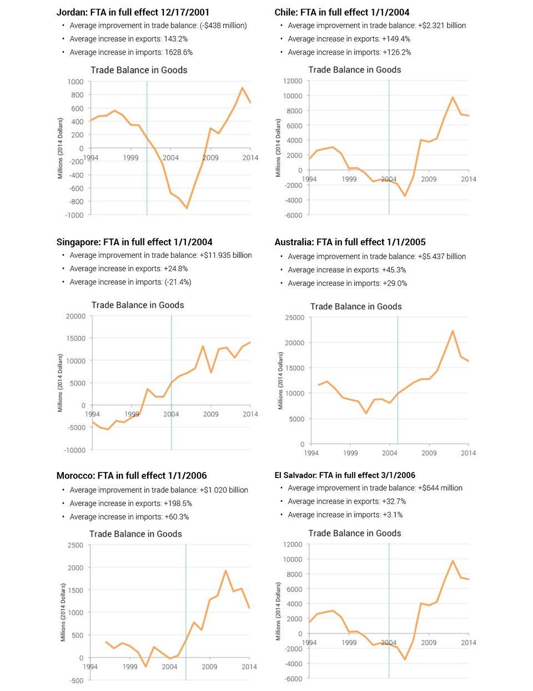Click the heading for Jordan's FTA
click(x=133, y=12)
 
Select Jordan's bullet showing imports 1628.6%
click(x=131, y=52)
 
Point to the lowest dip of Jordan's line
click(x=187, y=208)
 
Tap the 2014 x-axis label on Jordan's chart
click(x=250, y=158)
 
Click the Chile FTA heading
click(x=341, y=12)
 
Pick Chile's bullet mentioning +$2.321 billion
click(x=376, y=26)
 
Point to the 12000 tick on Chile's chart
click(x=293, y=81)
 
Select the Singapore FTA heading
click(x=134, y=242)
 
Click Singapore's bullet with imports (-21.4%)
click(x=130, y=282)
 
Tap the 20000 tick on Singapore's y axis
click(x=76, y=316)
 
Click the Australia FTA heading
click(x=350, y=242)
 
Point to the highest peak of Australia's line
click(x=452, y=331)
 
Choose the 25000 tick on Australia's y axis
click(x=294, y=318)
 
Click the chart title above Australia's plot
click(x=356, y=307)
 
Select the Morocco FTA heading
click(x=132, y=476)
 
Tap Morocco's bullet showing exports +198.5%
click(x=130, y=504)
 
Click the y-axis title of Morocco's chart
click(x=63, y=612)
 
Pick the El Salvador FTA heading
click(x=345, y=475)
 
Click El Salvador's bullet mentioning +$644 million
click(x=375, y=488)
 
